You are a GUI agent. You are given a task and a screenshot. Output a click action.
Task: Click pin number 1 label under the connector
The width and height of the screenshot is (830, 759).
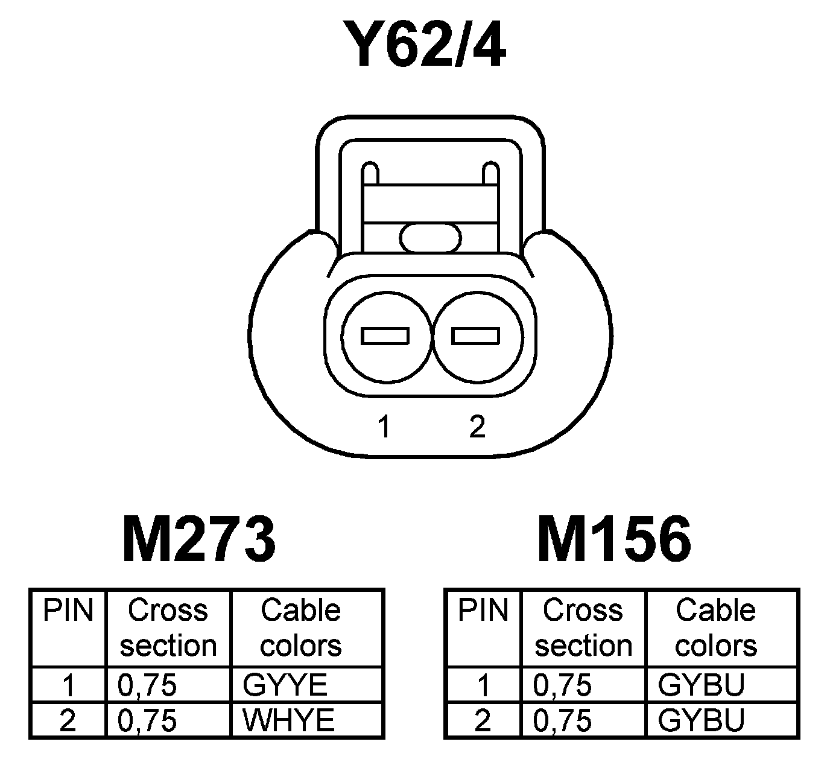pos(384,427)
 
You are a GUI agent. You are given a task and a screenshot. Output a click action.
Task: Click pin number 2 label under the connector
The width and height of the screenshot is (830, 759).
pos(477,427)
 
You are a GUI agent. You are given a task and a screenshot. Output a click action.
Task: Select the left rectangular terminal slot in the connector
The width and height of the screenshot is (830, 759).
pos(385,335)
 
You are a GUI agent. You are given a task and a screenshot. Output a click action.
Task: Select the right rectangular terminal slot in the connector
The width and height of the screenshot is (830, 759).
pos(476,335)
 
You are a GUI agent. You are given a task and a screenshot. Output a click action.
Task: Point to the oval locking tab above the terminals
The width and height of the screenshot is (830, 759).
pos(431,237)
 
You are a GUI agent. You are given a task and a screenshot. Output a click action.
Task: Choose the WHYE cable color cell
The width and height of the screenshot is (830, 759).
pos(288,720)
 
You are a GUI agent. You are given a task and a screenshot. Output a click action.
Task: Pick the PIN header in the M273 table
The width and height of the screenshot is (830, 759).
pos(68,611)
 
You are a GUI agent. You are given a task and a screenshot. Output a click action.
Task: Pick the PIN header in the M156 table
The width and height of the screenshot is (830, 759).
pos(483,611)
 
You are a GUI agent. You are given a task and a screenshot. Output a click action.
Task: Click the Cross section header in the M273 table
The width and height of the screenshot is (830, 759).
pos(168,627)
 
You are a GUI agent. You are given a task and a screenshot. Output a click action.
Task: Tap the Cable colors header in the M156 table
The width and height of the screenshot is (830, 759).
pos(715,627)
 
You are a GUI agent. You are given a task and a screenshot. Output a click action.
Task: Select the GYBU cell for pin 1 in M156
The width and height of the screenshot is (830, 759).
pos(701,685)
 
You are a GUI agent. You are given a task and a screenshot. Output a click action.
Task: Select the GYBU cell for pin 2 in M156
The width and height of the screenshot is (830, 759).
pos(701,720)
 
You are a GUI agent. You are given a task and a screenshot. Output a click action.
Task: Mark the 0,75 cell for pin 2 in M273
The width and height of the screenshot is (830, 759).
pos(147,720)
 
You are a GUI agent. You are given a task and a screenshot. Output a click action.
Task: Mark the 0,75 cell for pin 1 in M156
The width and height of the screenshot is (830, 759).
pos(562,685)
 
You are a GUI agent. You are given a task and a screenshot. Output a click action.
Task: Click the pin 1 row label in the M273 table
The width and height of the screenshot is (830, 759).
pos(68,685)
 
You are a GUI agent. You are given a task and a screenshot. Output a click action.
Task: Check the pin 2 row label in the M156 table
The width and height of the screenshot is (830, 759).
pos(483,720)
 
